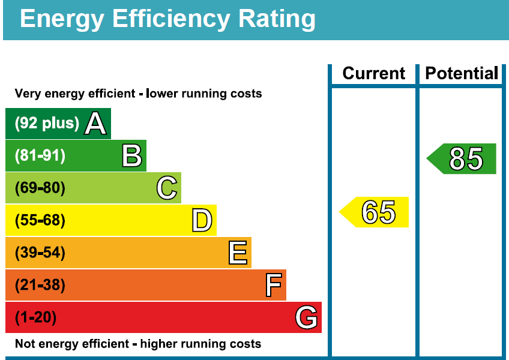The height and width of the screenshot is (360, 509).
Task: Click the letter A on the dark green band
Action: pos(95,124)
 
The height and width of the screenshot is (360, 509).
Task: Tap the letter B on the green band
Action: pos(132,156)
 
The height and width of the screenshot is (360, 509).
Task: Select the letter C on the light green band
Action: pos(167,188)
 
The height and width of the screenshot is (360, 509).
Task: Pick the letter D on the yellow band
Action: pos(202,221)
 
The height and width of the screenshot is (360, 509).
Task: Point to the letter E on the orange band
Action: pos(238,253)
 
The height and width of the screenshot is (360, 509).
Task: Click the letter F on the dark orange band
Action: pos(274,285)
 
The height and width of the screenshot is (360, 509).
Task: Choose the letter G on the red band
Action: pos(306,317)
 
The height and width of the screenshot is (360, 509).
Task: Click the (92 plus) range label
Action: pos(47,124)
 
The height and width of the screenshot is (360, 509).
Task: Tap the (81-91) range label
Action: pos(40,156)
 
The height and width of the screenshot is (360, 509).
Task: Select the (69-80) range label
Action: pos(40,188)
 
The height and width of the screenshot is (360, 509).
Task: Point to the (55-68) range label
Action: pos(40,221)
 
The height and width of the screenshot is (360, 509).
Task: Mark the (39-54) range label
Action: pos(40,253)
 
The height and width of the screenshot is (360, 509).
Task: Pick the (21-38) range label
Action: pos(40,285)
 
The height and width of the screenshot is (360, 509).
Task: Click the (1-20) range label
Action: pos(35,317)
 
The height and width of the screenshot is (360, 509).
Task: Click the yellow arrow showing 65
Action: pos(376,212)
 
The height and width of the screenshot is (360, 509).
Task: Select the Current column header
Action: pos(373,74)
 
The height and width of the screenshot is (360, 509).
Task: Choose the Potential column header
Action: pos(462,74)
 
